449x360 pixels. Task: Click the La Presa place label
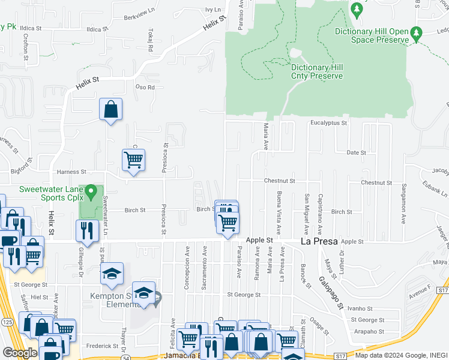coord(318,241)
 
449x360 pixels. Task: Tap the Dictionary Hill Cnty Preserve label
coord(317,72)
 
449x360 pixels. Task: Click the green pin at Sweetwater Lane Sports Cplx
coord(91,193)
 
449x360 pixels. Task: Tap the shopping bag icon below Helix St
coord(111,109)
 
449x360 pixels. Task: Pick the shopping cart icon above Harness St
coord(133,160)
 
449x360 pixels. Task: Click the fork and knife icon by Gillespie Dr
coord(88,231)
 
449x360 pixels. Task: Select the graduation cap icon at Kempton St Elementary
coord(144,293)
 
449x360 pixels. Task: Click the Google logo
coord(19,353)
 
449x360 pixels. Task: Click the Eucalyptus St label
coord(328,123)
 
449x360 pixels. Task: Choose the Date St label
coord(357,153)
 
